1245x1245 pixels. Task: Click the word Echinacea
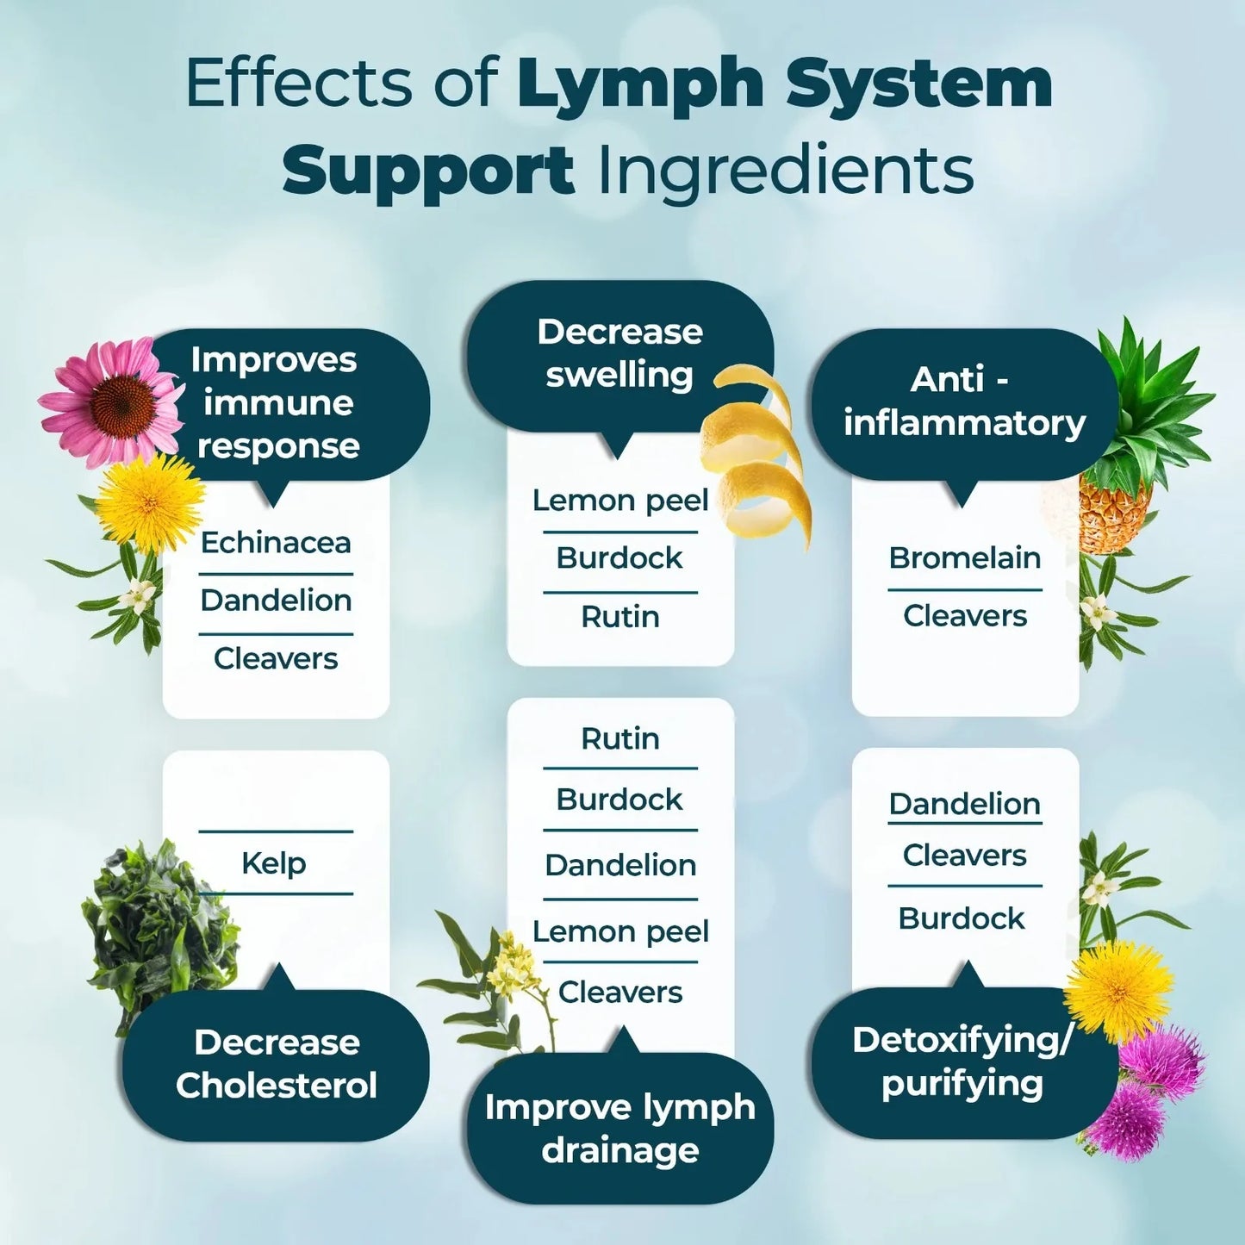click(x=276, y=543)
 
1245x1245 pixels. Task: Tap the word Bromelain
click(x=964, y=558)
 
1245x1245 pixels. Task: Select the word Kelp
click(x=274, y=862)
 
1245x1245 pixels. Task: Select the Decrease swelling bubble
click(x=619, y=354)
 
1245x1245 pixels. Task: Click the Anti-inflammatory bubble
click(x=963, y=402)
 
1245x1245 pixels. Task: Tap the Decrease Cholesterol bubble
click(x=276, y=1064)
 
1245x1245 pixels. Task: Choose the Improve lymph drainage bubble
click(x=619, y=1128)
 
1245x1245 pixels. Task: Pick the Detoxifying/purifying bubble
click(x=962, y=1061)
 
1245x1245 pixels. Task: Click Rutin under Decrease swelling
click(x=619, y=617)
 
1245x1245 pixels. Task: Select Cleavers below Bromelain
click(x=964, y=616)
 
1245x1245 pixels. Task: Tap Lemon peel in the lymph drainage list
click(x=620, y=931)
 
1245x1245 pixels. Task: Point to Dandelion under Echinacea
click(x=276, y=601)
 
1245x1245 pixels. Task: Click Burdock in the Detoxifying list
click(x=962, y=918)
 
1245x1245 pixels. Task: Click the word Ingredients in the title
click(x=785, y=170)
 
